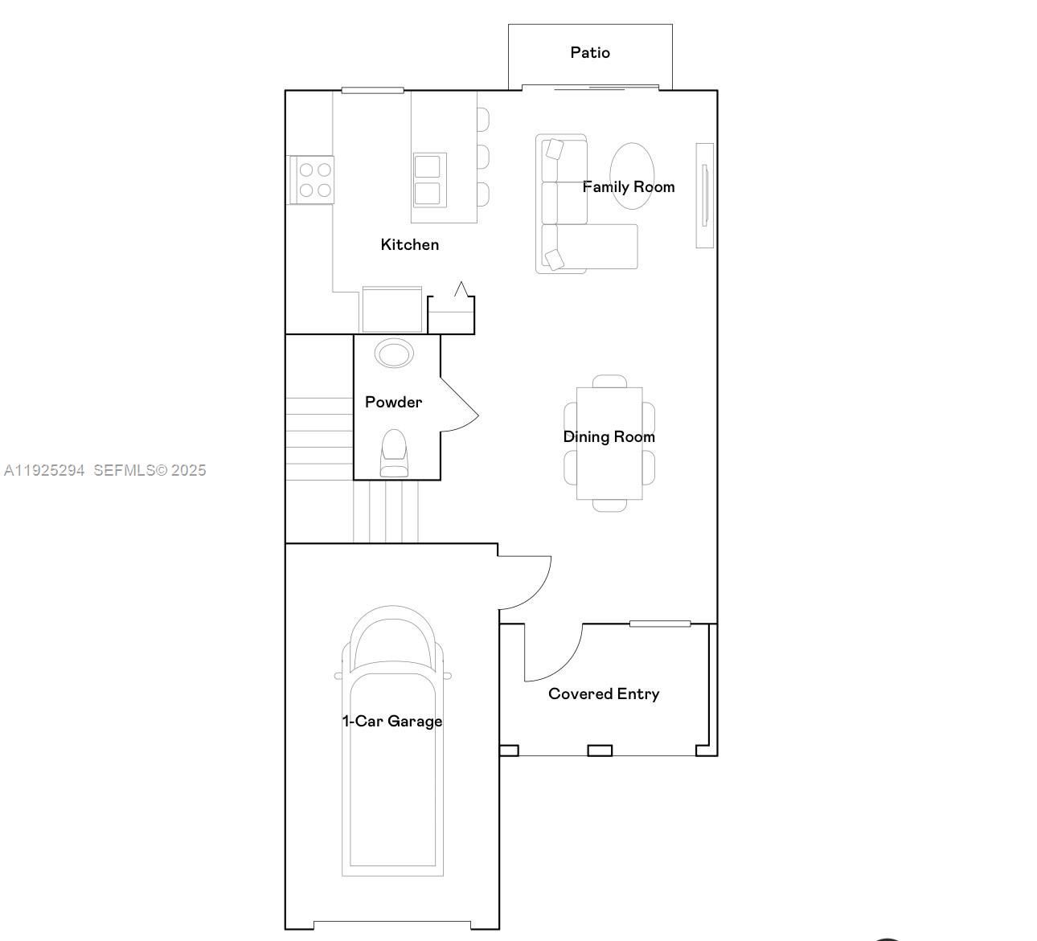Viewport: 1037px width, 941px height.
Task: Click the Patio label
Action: coord(590,53)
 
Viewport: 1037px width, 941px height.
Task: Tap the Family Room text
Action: coord(628,187)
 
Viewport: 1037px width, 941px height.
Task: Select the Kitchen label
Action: coord(409,245)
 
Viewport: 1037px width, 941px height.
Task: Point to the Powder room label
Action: coord(393,403)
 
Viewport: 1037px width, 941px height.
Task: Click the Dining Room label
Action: coord(609,437)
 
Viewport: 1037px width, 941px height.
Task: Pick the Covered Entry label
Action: coord(604,694)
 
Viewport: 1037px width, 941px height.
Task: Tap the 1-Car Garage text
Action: coord(392,722)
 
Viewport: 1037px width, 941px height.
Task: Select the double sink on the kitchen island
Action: coord(428,180)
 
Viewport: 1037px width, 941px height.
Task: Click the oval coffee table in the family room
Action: coord(633,176)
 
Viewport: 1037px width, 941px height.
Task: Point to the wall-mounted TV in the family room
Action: coord(705,195)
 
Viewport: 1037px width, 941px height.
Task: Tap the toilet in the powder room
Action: coord(394,453)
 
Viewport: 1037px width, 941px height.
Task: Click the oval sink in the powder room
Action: coord(394,353)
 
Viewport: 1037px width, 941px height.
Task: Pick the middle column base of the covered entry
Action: coord(600,751)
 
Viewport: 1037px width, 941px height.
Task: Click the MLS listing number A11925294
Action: coord(44,471)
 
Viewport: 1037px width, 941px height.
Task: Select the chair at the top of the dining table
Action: coord(609,381)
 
